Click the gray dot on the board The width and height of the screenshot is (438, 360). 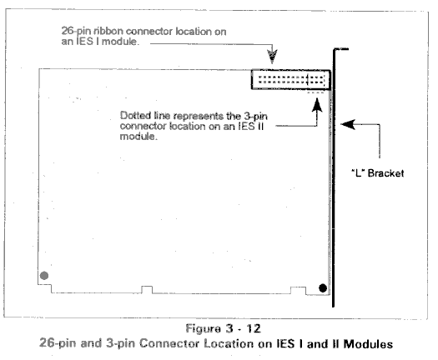[x=44, y=276]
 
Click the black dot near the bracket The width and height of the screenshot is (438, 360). [x=323, y=288]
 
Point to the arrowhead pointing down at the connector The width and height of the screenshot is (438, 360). [x=272, y=57]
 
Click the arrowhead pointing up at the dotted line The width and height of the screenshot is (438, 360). [x=317, y=105]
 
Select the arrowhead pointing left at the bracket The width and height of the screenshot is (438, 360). [x=348, y=124]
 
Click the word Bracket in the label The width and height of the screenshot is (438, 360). [x=385, y=173]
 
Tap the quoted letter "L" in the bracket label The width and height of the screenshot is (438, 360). [x=358, y=172]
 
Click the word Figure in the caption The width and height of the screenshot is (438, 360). [x=204, y=328]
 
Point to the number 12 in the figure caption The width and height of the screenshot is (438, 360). [x=254, y=328]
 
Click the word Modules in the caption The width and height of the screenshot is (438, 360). [x=368, y=344]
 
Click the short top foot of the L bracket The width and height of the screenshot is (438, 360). [x=340, y=49]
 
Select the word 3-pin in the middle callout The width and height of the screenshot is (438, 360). [x=255, y=116]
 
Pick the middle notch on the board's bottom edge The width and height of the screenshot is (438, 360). [x=147, y=290]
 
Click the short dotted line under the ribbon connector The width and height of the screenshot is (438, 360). [x=315, y=92]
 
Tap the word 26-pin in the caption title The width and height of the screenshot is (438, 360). [x=58, y=343]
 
